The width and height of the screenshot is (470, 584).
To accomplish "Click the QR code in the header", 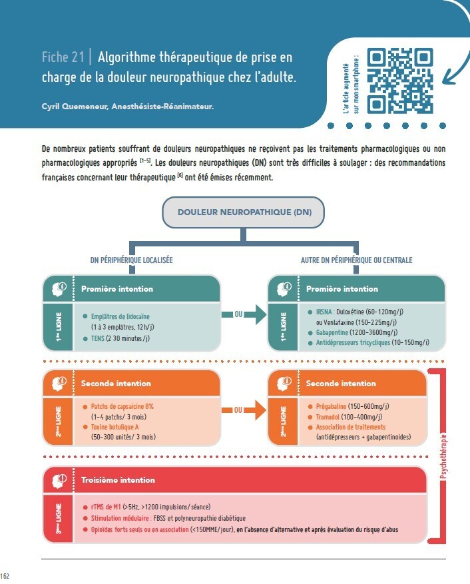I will click(400, 81).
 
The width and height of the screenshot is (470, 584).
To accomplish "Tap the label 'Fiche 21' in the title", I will click(62, 58).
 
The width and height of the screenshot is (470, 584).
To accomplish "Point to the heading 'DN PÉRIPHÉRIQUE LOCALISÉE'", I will click(131, 260).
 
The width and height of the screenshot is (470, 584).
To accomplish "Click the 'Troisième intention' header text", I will click(118, 480).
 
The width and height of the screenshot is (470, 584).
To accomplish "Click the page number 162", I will click(5, 576).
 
